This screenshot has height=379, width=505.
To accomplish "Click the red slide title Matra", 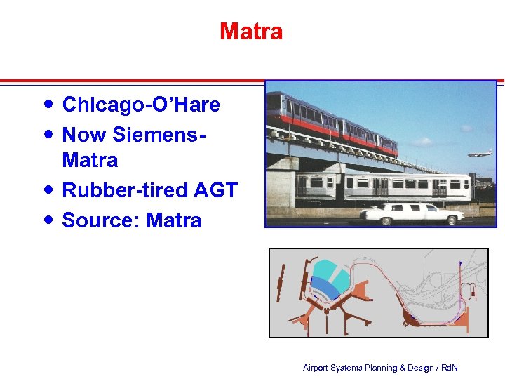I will (251, 32).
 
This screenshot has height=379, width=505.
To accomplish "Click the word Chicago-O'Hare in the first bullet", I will (141, 105).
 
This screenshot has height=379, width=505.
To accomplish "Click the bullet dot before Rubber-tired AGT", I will (47, 189).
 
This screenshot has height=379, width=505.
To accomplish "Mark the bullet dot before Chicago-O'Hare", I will (47, 104).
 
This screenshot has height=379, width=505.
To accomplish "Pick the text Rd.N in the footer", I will (449, 368).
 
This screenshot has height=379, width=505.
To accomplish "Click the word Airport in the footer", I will (315, 368).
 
